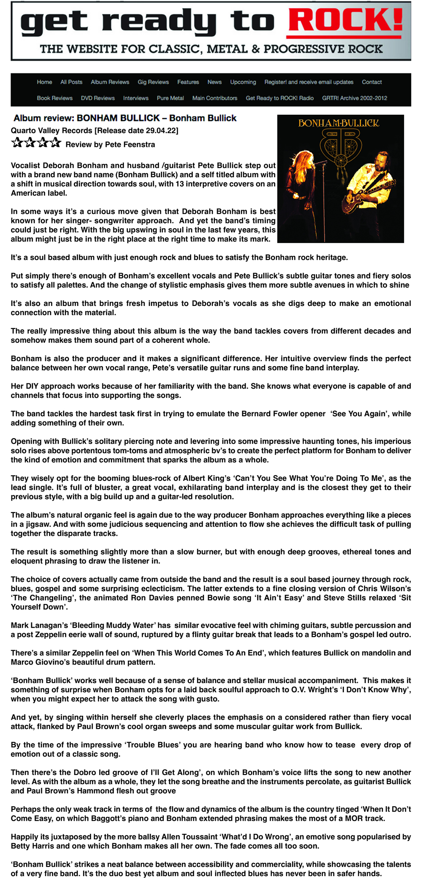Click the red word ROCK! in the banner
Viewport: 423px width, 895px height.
(345, 22)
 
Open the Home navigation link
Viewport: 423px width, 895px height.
(44, 82)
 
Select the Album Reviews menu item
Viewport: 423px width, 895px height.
(110, 82)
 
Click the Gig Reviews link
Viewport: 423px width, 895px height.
(153, 82)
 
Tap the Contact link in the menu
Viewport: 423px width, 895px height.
(372, 82)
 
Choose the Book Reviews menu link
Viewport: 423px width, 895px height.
(54, 98)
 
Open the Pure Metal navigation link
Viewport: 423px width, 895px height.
(170, 98)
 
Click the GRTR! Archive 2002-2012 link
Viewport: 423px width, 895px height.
(354, 98)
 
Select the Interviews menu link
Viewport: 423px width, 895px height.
(136, 98)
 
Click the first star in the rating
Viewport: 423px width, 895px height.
(17, 142)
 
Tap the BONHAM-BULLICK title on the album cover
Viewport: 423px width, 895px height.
(339, 124)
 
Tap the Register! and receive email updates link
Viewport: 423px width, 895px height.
(309, 82)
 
